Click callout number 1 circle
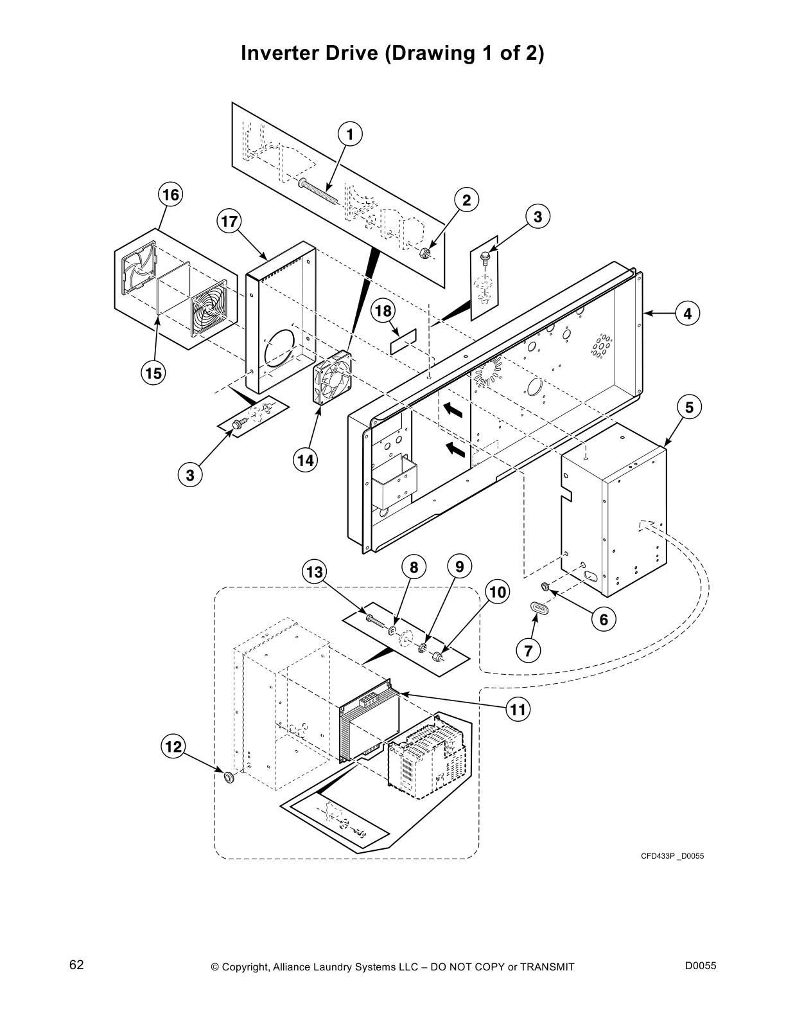(x=350, y=134)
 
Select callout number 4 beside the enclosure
(x=687, y=314)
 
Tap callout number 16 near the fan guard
(x=171, y=194)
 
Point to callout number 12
(x=173, y=746)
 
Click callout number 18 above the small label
(x=383, y=311)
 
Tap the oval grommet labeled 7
(x=539, y=607)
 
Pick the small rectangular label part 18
(x=403, y=342)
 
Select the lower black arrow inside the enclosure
(x=455, y=450)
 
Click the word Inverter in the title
(x=275, y=53)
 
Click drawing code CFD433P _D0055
(x=672, y=855)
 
